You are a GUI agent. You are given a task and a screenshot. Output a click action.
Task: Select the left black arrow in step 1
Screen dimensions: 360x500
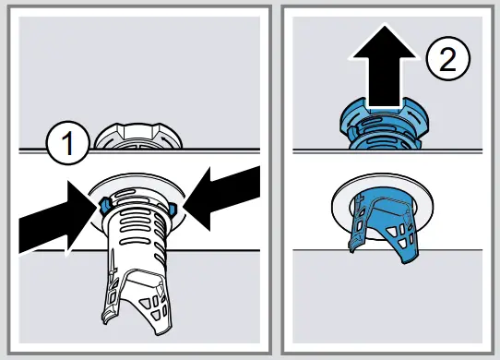(53, 214)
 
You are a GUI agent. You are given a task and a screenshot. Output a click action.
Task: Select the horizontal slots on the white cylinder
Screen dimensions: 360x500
(137, 222)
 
